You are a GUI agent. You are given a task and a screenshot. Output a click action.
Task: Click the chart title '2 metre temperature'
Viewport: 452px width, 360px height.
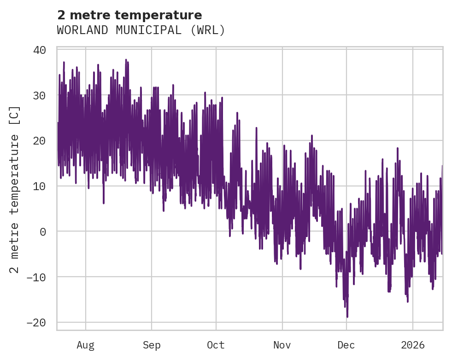coord(129,15)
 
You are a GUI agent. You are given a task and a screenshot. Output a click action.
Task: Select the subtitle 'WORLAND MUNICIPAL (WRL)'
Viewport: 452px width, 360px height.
coord(141,30)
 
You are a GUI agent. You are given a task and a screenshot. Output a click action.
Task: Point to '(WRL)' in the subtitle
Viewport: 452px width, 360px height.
coord(209,30)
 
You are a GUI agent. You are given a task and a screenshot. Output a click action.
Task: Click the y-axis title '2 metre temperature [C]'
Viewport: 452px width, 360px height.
coord(15,189)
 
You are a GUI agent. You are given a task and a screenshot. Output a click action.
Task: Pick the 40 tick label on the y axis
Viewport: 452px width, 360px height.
coord(40,50)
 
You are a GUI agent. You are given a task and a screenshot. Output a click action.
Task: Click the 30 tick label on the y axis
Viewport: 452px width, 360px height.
coord(40,96)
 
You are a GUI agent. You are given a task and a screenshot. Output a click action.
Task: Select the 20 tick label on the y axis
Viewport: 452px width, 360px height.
coord(40,141)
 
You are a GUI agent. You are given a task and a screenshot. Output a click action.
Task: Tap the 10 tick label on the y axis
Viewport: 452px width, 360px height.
coord(40,186)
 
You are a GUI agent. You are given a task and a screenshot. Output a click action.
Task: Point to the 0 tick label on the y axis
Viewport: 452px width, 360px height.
coord(43,232)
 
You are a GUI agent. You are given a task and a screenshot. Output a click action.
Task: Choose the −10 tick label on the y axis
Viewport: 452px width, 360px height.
coord(36,277)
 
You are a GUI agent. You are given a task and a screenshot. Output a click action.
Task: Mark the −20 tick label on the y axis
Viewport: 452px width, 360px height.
coord(36,323)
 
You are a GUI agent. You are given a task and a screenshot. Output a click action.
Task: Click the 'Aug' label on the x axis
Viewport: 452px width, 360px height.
coord(86,345)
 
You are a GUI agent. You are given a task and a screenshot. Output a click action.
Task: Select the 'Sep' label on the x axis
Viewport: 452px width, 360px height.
coord(152,345)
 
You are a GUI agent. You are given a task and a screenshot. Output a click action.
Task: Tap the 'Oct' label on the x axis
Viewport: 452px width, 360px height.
coord(216,345)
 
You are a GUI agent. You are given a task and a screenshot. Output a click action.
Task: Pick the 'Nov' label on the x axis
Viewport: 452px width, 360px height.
coord(282,345)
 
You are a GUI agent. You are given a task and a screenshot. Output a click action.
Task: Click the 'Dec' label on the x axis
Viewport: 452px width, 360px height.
coord(346,345)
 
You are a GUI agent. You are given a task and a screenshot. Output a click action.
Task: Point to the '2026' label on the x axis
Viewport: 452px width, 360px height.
coord(413,345)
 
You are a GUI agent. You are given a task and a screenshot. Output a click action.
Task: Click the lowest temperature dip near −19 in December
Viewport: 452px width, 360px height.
coord(347,317)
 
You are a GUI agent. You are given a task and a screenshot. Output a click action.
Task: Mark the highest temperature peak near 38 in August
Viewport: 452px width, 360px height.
coord(126,60)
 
